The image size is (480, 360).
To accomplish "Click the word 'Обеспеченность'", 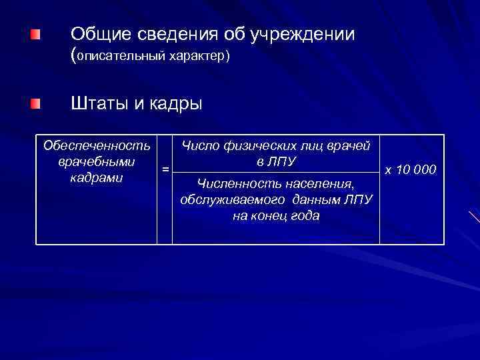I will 96,145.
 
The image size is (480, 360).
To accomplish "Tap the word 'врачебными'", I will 96,162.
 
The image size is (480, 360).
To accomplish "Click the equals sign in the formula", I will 165,169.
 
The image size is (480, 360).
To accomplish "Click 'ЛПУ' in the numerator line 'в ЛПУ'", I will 283,162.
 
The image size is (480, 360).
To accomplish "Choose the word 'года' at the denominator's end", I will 304,216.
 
